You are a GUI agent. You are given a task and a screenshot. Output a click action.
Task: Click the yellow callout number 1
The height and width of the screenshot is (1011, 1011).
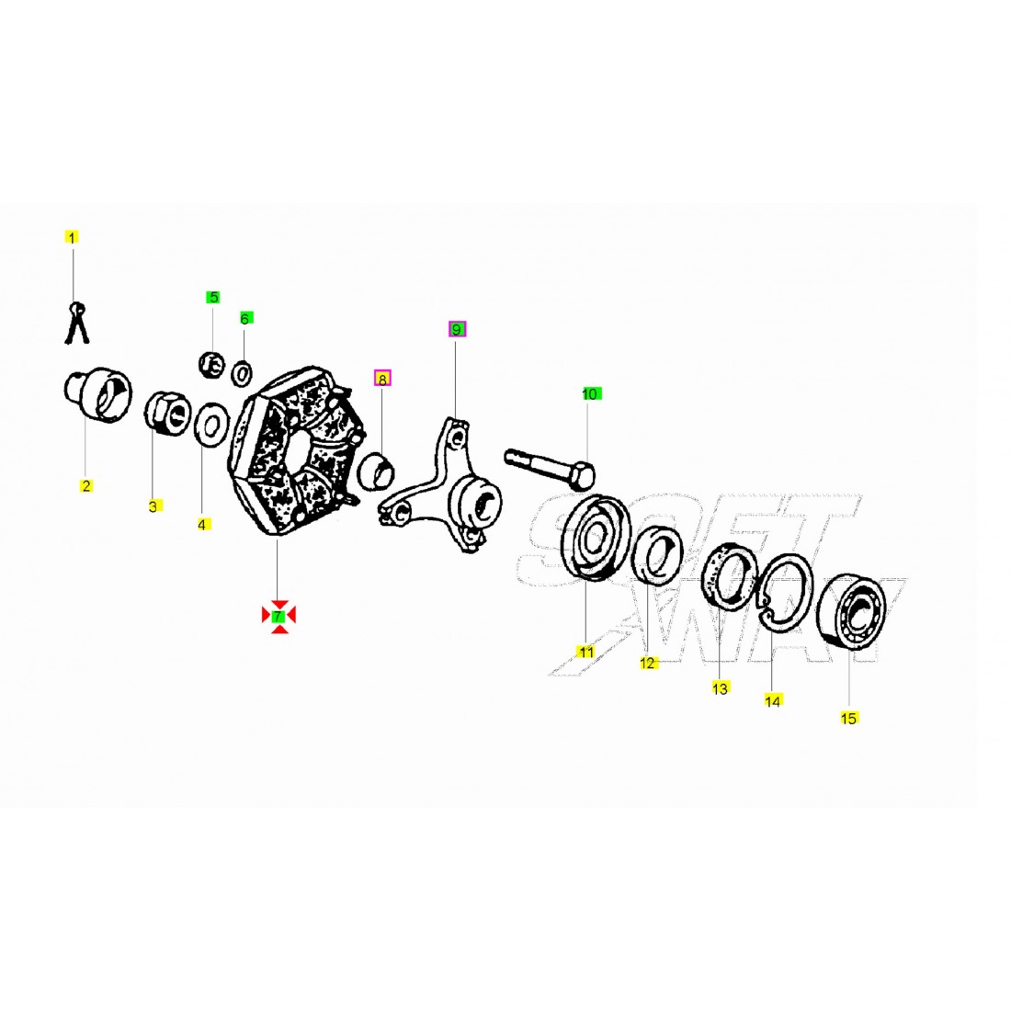point(72,237)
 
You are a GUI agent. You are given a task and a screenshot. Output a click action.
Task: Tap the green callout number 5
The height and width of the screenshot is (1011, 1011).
point(213,297)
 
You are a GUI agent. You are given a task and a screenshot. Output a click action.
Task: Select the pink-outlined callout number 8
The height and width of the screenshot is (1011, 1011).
point(382,379)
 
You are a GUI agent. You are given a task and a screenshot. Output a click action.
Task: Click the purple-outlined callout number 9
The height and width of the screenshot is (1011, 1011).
point(457,329)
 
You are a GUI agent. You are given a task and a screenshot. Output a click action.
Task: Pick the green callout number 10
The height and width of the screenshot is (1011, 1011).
point(590,394)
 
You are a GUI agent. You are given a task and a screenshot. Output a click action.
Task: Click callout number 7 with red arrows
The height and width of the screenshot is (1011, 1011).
point(278,616)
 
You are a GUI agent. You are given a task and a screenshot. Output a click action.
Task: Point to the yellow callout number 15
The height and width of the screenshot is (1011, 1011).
point(848,718)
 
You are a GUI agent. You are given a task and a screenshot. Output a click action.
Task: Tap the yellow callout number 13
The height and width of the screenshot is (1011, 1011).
point(721,688)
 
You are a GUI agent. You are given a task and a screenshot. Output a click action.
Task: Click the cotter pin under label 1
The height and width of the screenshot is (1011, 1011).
point(76,323)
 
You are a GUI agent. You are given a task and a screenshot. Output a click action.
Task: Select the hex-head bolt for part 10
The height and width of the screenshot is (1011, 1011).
point(550,468)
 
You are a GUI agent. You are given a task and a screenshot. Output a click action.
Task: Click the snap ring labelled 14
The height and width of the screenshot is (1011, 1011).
point(786,593)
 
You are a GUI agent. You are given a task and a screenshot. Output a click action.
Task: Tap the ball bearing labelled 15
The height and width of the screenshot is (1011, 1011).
point(851,609)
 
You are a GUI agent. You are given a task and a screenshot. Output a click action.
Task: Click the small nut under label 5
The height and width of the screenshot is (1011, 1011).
point(210,366)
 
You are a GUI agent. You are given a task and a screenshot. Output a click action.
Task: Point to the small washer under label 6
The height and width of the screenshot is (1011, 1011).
point(243,373)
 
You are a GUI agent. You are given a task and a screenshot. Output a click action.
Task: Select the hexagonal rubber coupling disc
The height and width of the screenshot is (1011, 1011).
point(296,450)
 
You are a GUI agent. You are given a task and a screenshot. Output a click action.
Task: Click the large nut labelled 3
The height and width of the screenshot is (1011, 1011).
point(167,414)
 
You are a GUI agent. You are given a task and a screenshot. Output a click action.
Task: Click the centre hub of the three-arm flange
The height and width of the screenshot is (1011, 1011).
point(476,501)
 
